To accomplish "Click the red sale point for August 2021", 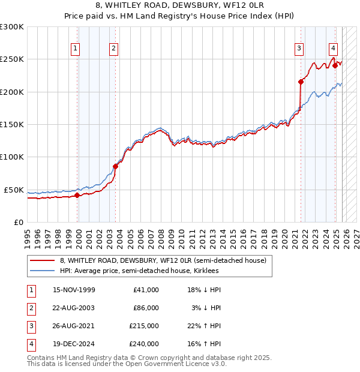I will click(x=301, y=82).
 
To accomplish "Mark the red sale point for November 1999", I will click(x=77, y=195).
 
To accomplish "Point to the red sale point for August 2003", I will click(x=115, y=166).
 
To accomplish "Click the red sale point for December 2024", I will click(x=335, y=65).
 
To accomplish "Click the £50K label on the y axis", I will click(x=14, y=190).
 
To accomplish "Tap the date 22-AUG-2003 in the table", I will click(x=74, y=308).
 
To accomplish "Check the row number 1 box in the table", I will click(x=29, y=290).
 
